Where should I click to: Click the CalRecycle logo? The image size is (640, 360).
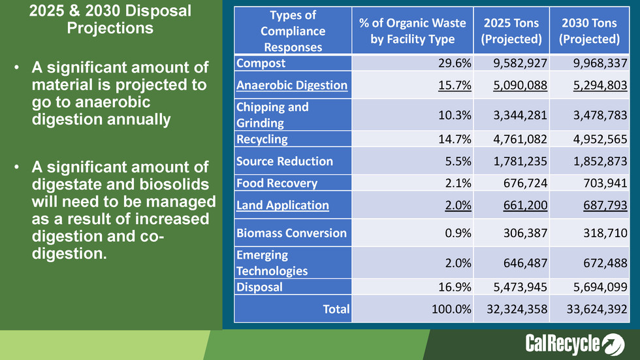pyautogui.click(x=575, y=344)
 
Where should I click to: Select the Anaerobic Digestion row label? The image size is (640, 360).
pyautogui.click(x=292, y=86)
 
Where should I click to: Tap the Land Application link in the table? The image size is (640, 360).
pyautogui.click(x=283, y=205)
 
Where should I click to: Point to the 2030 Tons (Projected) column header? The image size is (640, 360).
pyautogui.click(x=589, y=31)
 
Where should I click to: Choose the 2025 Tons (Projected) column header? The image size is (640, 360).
pyautogui.click(x=511, y=31)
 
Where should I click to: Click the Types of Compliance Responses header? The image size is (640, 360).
pyautogui.click(x=292, y=31)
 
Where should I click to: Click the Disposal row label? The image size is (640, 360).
pyautogui.click(x=260, y=287)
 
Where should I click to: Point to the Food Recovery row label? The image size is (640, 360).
pyautogui.click(x=277, y=184)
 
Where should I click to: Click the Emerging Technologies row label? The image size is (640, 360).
pyautogui.click(x=272, y=263)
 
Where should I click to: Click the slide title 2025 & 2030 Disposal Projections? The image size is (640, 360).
pyautogui.click(x=111, y=20)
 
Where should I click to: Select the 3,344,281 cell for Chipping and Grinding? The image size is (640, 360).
pyautogui.click(x=516, y=115)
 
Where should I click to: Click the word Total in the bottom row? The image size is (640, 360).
pyautogui.click(x=336, y=309)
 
